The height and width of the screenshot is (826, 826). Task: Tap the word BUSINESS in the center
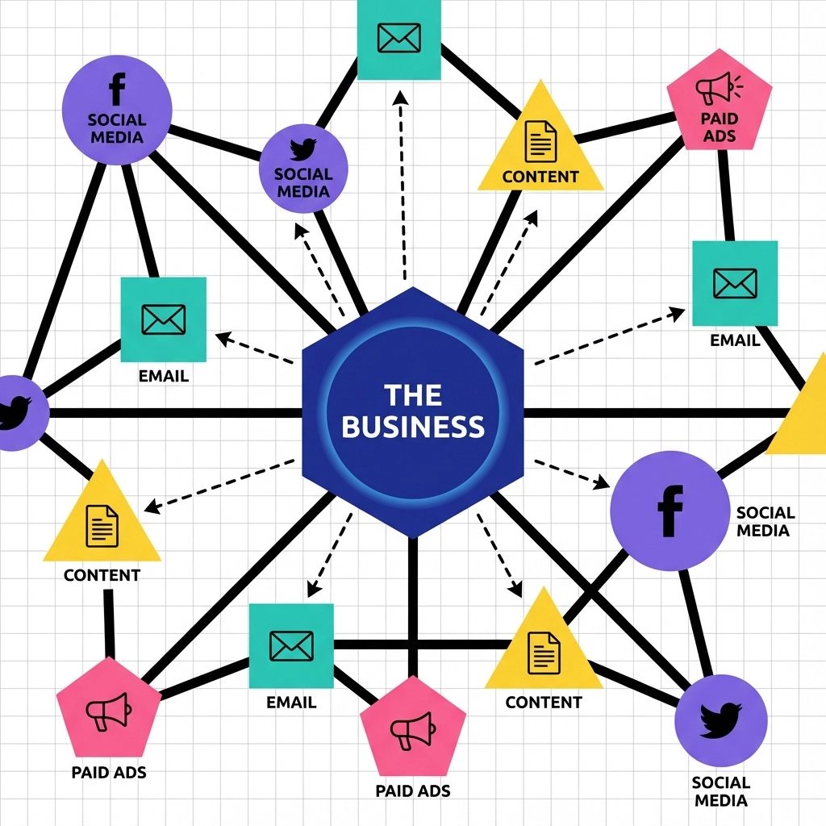(412, 425)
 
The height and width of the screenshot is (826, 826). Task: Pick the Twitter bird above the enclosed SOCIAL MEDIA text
(302, 149)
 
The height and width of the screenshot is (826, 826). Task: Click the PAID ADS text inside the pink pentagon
(719, 127)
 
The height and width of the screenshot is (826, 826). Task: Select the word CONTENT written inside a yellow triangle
(540, 177)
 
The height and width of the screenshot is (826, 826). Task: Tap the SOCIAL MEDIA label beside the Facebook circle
(765, 521)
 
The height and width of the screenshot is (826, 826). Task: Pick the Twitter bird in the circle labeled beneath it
(720, 719)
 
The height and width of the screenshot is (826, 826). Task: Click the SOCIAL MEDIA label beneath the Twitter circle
(720, 791)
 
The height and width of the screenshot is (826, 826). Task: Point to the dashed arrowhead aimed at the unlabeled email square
(398, 96)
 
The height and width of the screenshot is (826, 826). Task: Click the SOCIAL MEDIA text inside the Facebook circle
(118, 128)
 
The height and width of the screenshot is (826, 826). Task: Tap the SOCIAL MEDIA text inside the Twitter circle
(302, 182)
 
